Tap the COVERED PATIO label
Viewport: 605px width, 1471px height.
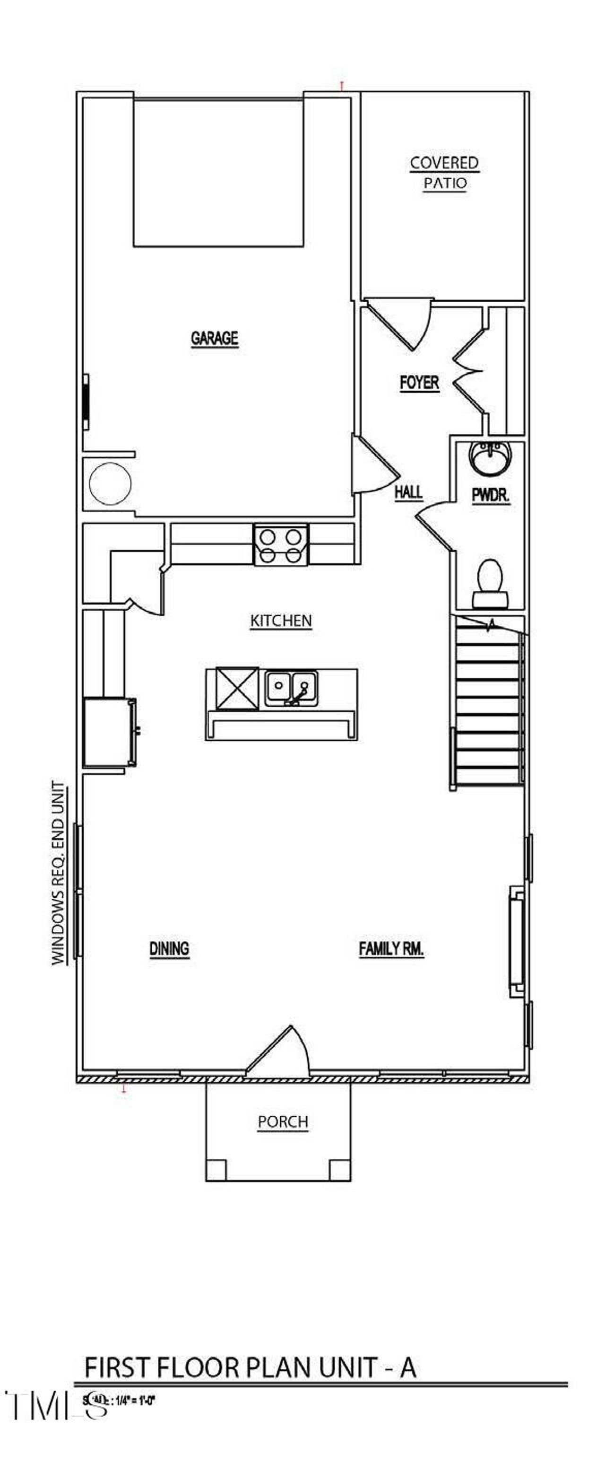[444, 173]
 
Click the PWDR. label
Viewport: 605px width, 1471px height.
[490, 495]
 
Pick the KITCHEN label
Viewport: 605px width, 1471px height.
[281, 621]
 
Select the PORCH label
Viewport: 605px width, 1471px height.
[283, 1122]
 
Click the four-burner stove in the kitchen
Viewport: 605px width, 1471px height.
[280, 545]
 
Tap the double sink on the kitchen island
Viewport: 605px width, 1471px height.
[291, 688]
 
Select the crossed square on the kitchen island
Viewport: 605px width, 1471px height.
[237, 689]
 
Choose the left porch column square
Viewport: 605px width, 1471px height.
[216, 1170]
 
